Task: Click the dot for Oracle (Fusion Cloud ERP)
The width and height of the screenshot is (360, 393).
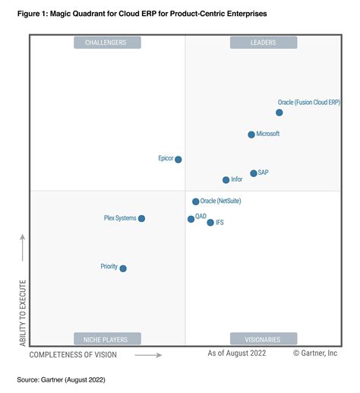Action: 279,113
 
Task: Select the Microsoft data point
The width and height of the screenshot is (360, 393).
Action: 251,135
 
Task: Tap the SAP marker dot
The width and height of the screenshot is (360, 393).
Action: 254,173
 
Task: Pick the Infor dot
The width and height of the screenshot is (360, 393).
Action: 226,180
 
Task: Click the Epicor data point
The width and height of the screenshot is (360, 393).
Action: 178,160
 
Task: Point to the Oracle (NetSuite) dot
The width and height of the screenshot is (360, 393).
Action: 195,201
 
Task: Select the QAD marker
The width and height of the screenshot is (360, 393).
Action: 191,219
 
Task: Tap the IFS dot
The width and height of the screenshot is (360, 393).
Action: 210,223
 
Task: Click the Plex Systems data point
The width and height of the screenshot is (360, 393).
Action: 141,219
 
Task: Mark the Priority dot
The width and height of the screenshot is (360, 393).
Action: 123,268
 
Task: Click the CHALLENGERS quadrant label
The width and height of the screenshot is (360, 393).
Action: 106,43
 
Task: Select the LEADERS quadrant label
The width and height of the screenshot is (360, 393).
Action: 263,43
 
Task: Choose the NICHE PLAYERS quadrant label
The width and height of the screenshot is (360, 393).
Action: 106,339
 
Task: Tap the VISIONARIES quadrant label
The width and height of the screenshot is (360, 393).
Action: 263,339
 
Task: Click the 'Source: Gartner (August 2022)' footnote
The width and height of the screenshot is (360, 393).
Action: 61,379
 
